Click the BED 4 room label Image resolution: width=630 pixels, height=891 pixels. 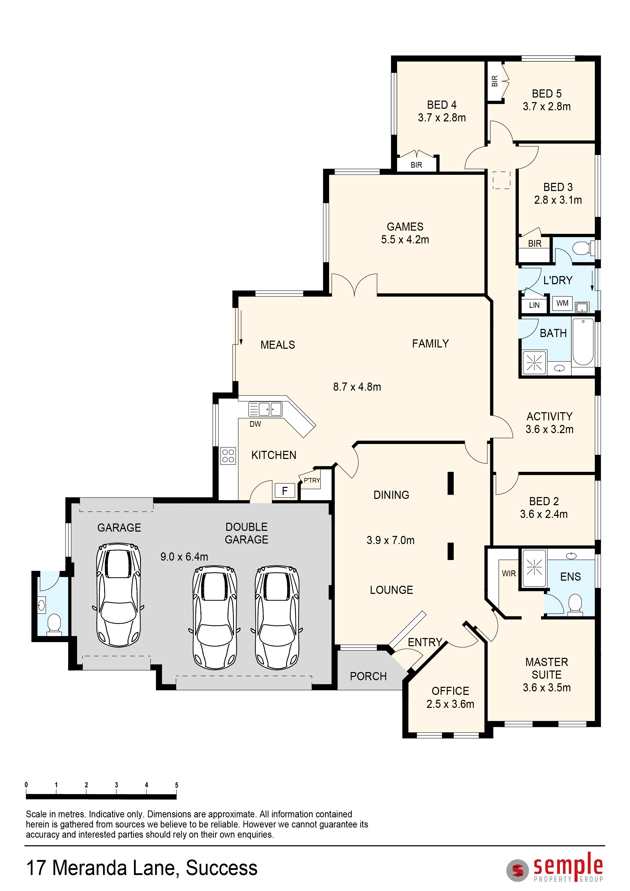pyautogui.click(x=442, y=105)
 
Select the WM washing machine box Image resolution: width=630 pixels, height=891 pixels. pyautogui.click(x=562, y=303)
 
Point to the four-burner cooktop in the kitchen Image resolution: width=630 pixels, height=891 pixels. pyautogui.click(x=228, y=456)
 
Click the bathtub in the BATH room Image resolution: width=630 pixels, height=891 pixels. pyautogui.click(x=583, y=342)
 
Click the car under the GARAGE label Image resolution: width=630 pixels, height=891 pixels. pyautogui.click(x=118, y=595)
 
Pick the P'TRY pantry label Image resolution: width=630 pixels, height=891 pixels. pyautogui.click(x=312, y=481)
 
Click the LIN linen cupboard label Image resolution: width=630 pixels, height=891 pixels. pyautogui.click(x=534, y=305)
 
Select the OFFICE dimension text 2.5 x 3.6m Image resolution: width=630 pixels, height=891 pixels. pyautogui.click(x=450, y=704)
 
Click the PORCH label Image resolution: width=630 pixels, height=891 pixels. pyautogui.click(x=368, y=676)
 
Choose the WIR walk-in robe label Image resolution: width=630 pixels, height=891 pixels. pyautogui.click(x=509, y=574)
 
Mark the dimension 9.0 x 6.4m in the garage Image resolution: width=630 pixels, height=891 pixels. pyautogui.click(x=184, y=557)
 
